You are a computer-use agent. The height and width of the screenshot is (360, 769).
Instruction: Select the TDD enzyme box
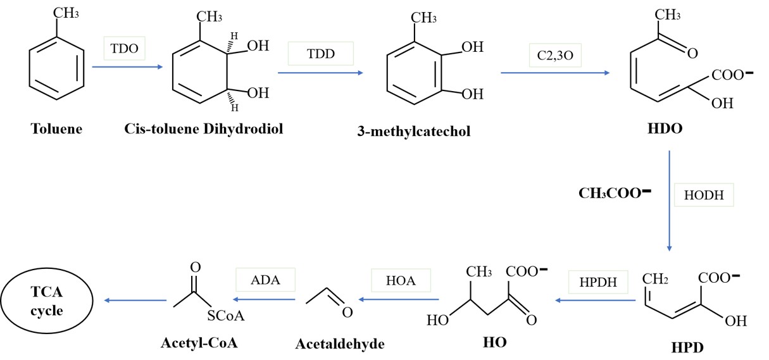(320, 54)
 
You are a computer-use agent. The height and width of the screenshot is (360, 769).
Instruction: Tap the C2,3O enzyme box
(553, 54)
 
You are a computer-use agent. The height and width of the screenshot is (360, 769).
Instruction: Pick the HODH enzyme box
(708, 196)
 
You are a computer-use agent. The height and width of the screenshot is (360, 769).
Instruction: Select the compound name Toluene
(56, 130)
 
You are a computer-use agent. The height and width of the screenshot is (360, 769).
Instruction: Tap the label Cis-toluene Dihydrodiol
(203, 129)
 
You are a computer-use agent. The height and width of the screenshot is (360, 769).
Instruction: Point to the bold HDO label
(665, 129)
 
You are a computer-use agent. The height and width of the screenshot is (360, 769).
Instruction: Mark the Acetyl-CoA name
(194, 344)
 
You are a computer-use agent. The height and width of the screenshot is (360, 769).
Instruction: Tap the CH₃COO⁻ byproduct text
(615, 192)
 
